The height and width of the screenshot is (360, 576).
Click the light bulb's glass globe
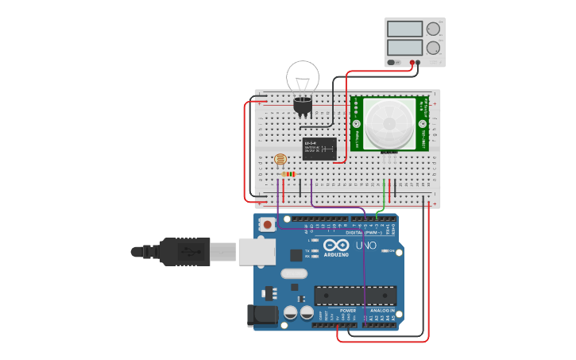point(303,76)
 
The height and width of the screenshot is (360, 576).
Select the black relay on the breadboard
point(319,149)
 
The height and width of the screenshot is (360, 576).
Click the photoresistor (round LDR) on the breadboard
point(280,160)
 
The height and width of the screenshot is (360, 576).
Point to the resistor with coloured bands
point(288,174)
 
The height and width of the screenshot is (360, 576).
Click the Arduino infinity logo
point(335,246)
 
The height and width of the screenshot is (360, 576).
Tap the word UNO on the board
point(365,246)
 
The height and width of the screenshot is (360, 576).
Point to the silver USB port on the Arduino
point(257,251)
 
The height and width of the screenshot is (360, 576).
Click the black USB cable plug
point(185,251)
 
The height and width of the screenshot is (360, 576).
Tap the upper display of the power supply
point(405,29)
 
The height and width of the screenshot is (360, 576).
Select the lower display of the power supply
point(405,48)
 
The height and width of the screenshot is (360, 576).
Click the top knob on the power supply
point(433,29)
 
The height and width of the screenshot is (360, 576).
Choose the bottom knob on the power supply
point(433,48)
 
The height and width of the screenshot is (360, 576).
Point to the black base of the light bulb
point(303,105)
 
